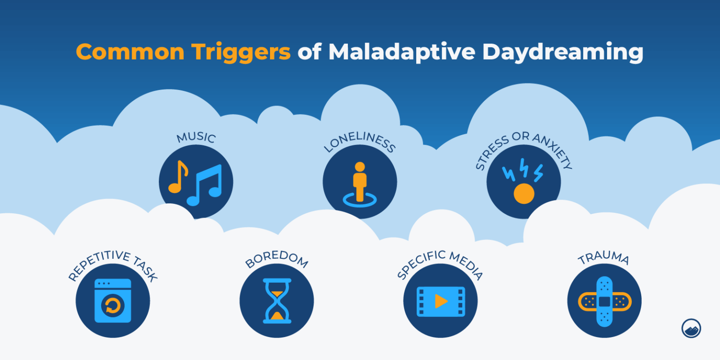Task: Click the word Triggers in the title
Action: coord(240,52)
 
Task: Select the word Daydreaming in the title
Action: coord(562,52)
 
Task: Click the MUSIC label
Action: coord(196,138)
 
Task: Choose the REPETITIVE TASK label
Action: coord(112,265)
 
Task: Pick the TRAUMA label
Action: coord(604,259)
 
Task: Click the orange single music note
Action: coord(178,177)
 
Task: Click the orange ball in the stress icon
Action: coord(524,193)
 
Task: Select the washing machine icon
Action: coord(112,300)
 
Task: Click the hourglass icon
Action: coord(277,300)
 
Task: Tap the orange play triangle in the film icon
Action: coord(441,301)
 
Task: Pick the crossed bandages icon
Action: coord(604,301)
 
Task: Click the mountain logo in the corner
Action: coord(691,328)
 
